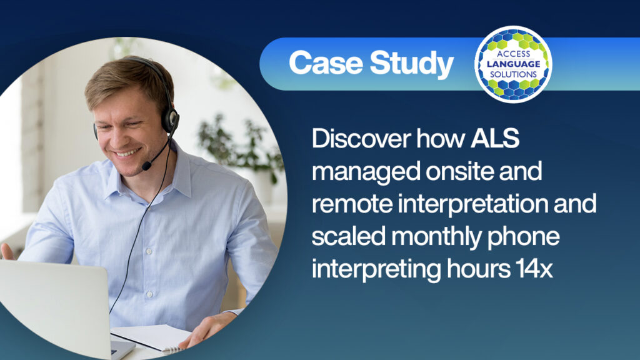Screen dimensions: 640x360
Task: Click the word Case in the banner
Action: pyautogui.click(x=326, y=63)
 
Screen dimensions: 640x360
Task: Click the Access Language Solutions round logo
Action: pyautogui.click(x=513, y=64)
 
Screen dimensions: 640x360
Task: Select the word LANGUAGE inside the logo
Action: pyautogui.click(x=513, y=64)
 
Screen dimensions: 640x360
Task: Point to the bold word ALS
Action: pyautogui.click(x=495, y=138)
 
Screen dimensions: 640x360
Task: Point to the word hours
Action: pyautogui.click(x=478, y=269)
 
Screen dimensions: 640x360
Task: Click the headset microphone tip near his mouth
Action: pyautogui.click(x=146, y=165)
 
